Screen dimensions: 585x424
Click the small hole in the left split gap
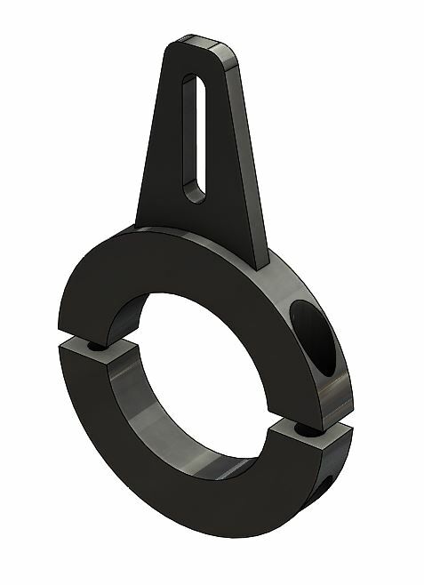pyautogui.click(x=92, y=342)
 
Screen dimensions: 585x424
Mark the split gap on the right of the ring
pyautogui.click(x=311, y=429)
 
